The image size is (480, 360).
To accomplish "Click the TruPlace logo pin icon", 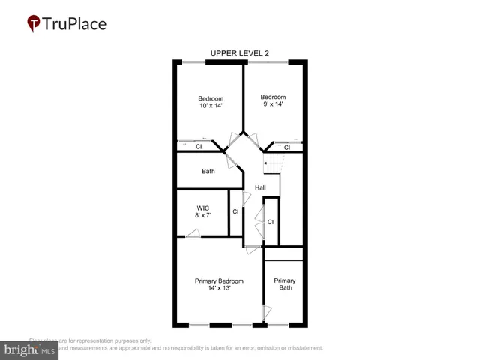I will click(x=33, y=23).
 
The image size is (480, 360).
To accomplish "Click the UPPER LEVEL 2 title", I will click(x=239, y=53).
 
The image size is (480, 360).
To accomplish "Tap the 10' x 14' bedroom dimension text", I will click(x=211, y=106).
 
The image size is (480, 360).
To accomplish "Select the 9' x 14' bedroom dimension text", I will click(x=273, y=105).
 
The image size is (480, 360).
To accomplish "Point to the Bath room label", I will click(x=208, y=172).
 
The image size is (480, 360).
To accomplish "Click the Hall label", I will click(x=260, y=187).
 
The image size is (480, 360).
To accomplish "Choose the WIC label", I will click(x=202, y=208).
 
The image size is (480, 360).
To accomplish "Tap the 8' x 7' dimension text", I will click(x=202, y=216).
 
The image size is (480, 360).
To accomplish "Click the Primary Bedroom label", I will click(x=219, y=281).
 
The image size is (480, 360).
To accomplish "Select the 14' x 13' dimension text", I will click(x=219, y=289).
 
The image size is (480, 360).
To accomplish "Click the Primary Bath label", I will click(x=285, y=284).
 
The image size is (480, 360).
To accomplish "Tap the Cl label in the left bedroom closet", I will click(x=199, y=147).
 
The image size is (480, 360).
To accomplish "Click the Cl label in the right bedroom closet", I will click(x=287, y=147).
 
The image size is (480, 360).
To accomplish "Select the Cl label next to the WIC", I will click(x=235, y=212).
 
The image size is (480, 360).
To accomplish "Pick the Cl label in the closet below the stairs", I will click(x=271, y=222).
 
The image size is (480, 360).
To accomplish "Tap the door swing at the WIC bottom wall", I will click(x=193, y=233).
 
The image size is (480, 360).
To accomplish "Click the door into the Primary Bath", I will click(x=265, y=312).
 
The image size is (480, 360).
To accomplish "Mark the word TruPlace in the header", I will click(x=75, y=23).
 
